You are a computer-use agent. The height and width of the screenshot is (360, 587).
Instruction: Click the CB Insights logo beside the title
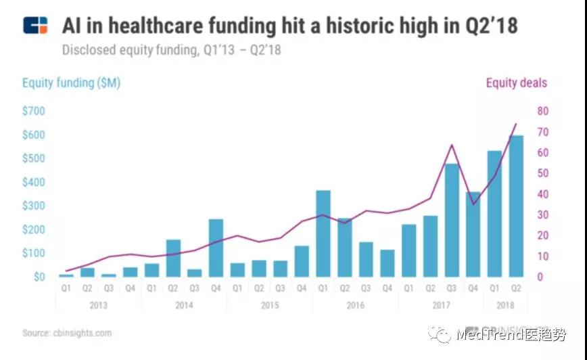pyautogui.click(x=35, y=26)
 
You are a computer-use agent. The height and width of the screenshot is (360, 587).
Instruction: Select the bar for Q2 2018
pyautogui.click(x=516, y=206)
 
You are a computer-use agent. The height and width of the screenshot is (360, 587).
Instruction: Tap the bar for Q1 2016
pyautogui.click(x=323, y=233)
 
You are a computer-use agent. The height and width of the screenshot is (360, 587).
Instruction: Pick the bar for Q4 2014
pyautogui.click(x=216, y=248)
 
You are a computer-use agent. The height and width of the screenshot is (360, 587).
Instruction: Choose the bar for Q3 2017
pyautogui.click(x=452, y=220)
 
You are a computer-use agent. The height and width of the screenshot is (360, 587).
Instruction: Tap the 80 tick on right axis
pyautogui.click(x=543, y=111)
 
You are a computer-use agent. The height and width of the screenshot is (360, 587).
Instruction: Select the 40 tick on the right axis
pyautogui.click(x=543, y=194)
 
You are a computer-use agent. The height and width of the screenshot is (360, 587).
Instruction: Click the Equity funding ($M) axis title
pyautogui.click(x=71, y=83)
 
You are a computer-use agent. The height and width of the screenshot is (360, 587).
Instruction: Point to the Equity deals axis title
pyautogui.click(x=517, y=83)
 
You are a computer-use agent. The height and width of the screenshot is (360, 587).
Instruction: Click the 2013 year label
pyautogui.click(x=98, y=305)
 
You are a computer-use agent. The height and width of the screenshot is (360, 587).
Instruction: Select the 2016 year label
pyautogui.click(x=355, y=305)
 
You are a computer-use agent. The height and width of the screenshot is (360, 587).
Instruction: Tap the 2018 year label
pyautogui.click(x=505, y=305)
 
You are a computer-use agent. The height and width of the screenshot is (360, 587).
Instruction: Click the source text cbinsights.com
pyautogui.click(x=67, y=333)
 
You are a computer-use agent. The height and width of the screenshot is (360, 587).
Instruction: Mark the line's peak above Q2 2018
pyautogui.click(x=516, y=124)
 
